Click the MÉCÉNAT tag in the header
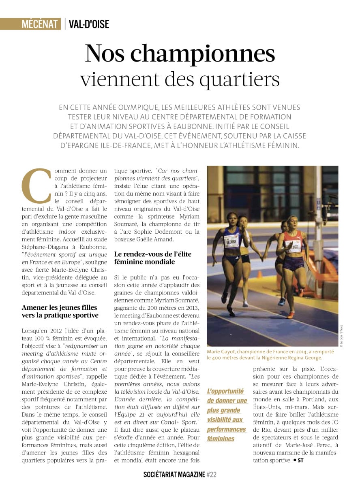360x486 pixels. pyautogui.click(x=40, y=24)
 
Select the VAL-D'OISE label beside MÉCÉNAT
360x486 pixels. pyautogui.click(x=89, y=24)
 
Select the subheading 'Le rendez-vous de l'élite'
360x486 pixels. pyautogui.click(x=153, y=254)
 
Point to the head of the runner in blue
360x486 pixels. pyautogui.click(x=232, y=219)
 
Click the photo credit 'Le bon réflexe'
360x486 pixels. pyautogui.click(x=341, y=335)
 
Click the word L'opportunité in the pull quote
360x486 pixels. pyautogui.click(x=225, y=391)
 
